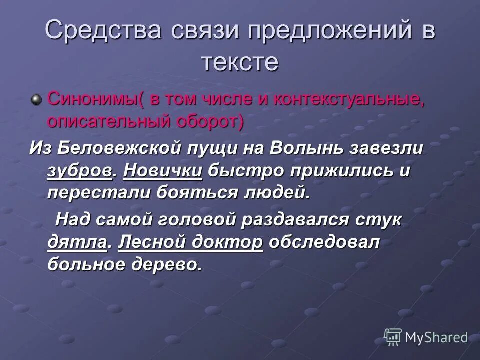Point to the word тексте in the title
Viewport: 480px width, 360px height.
[239, 63]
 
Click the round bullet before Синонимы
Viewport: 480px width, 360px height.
[36, 100]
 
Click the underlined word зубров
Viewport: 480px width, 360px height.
[79, 171]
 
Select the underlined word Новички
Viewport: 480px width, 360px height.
[163, 170]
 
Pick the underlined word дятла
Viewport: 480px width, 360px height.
[77, 243]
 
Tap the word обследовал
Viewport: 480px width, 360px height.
[324, 242]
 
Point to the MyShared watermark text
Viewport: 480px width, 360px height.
[436, 338]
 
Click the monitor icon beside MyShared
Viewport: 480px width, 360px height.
[393, 337]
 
